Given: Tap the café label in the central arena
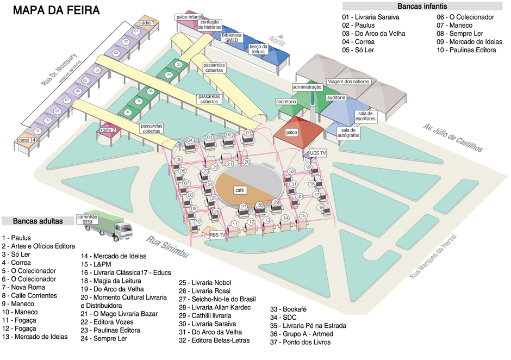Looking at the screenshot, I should (x=238, y=190).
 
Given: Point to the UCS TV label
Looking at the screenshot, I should (x=317, y=153).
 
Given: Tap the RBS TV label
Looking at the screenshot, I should (x=217, y=234).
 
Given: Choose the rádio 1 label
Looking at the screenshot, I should (x=147, y=23).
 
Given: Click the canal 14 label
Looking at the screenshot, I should (x=27, y=140).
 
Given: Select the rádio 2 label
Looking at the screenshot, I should (x=108, y=130).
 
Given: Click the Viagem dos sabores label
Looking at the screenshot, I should (x=348, y=82).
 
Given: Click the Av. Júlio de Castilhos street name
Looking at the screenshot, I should (x=452, y=138).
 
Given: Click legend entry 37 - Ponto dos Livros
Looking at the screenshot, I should (x=300, y=342).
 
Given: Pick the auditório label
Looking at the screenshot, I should (x=336, y=97).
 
